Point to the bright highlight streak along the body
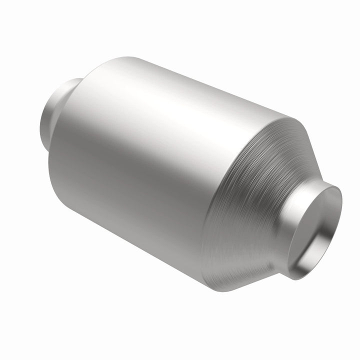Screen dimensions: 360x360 [160, 100]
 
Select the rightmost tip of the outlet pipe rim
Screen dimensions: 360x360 [342, 210]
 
